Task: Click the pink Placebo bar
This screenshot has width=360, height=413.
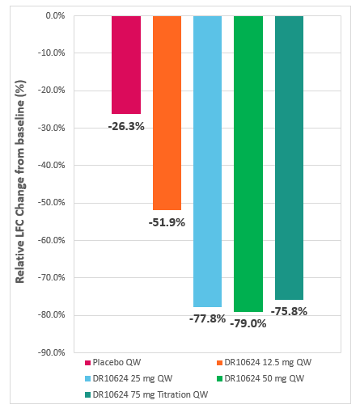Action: point(125,65)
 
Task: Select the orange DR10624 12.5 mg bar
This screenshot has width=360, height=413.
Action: point(167,112)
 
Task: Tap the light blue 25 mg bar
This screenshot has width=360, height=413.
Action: point(207,161)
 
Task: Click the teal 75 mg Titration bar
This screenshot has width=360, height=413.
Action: point(289,158)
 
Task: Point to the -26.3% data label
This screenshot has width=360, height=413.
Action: point(126,126)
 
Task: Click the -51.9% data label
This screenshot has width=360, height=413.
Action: point(167,222)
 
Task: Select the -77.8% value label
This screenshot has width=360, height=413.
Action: point(207,318)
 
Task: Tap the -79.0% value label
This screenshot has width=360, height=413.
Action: point(248,323)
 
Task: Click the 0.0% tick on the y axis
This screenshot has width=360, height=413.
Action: point(54,16)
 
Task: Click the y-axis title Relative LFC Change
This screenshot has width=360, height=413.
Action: point(21,184)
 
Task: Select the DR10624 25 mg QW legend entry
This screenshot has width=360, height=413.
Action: point(128,379)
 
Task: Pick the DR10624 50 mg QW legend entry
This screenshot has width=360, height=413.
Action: point(265,379)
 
